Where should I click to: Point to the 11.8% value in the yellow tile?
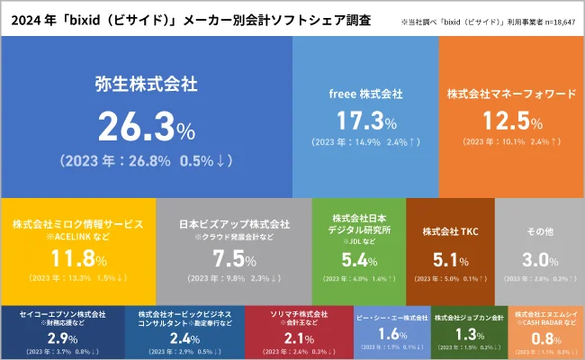[76, 259]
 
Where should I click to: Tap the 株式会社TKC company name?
[449, 231]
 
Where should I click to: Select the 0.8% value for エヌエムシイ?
[543, 338]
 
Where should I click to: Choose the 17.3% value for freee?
[366, 120]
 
